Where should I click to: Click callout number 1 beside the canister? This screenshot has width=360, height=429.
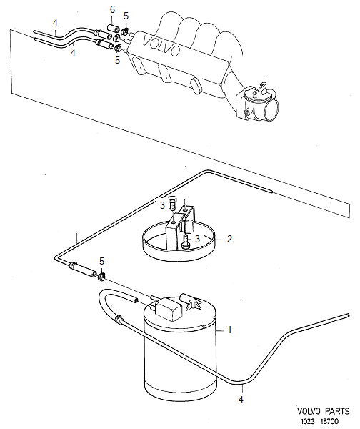tap(230, 330)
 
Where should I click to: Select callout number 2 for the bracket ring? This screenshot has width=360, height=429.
tap(229, 240)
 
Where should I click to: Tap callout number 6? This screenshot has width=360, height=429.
tap(112, 9)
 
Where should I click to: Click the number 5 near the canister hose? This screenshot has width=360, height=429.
tap(102, 261)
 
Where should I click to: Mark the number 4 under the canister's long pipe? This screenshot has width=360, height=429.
tap(241, 400)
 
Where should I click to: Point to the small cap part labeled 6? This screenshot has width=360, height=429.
tap(112, 29)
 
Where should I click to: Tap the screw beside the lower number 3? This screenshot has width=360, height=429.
tap(185, 242)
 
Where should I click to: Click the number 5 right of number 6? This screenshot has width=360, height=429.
tap(126, 16)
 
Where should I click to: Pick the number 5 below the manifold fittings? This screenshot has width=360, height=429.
tap(118, 61)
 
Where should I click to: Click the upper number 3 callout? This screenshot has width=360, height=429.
tap(162, 205)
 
